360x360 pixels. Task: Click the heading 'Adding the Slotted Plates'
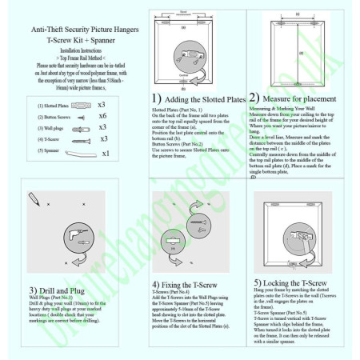click(205, 98)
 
